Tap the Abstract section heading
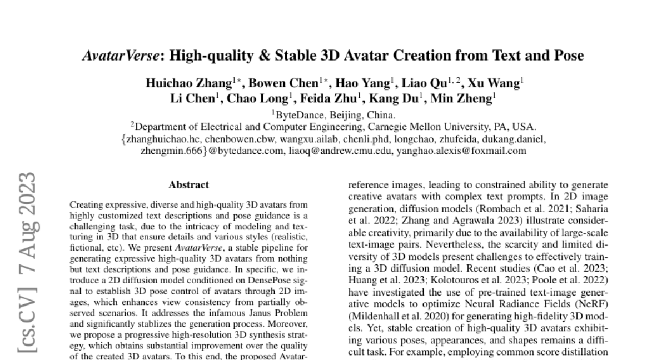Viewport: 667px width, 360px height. (x=189, y=185)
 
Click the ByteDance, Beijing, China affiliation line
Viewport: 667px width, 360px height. (x=334, y=116)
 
